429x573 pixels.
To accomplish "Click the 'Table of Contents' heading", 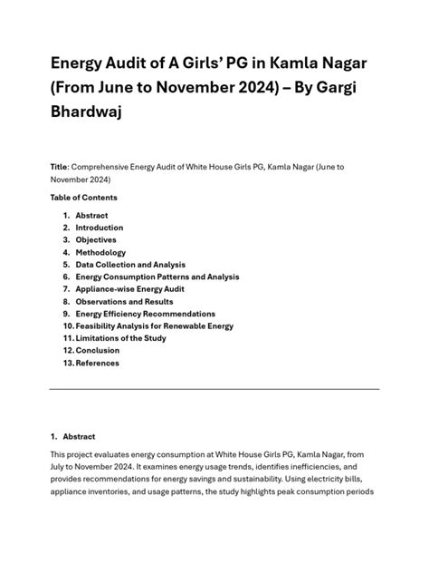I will (84, 197).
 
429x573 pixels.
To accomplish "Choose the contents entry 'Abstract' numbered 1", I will (91, 215).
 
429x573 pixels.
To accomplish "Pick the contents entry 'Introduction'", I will (100, 228).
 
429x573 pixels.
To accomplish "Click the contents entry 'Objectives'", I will (96, 239).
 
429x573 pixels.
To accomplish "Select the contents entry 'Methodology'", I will (100, 252).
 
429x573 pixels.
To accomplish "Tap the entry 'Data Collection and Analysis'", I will (132, 264).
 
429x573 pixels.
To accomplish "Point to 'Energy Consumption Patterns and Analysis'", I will (157, 277).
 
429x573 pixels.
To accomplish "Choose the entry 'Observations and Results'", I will (125, 301).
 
